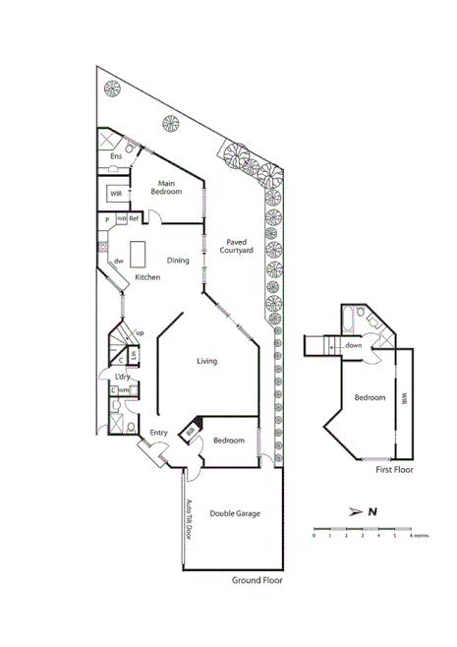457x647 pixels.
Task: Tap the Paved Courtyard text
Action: [x=241, y=246]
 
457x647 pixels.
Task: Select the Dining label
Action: [x=178, y=261]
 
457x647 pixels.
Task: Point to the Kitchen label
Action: [x=148, y=277]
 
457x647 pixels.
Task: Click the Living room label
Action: [x=206, y=361]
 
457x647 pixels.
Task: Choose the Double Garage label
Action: [x=234, y=513]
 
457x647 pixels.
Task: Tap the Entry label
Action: [x=158, y=434]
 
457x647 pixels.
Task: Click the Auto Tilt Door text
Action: [x=190, y=518]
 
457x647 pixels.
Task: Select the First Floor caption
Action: [x=396, y=471]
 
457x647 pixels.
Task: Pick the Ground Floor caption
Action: [x=257, y=581]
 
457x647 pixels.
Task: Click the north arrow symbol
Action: [x=360, y=511]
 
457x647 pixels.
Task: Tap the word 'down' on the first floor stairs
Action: [x=354, y=346]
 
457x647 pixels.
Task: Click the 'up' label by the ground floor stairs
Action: [x=140, y=333]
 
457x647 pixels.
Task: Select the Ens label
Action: [x=116, y=156]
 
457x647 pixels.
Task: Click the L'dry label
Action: [x=123, y=377]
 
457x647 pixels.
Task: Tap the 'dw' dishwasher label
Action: [x=118, y=261]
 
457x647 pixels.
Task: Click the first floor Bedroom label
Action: [x=370, y=398]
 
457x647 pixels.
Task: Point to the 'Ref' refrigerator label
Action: [x=135, y=218]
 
